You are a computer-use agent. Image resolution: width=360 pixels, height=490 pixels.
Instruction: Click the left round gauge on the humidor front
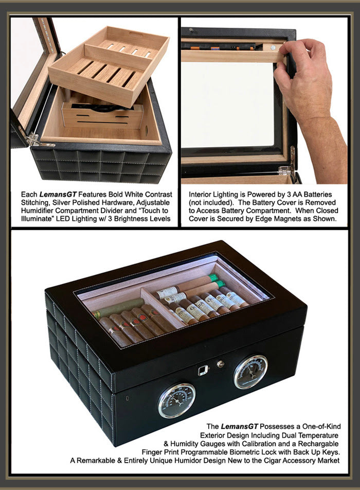[x=176, y=399]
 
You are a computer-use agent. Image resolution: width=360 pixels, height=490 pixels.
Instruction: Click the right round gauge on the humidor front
[x=250, y=371]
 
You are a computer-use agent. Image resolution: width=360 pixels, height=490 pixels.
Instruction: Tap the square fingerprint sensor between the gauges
[x=203, y=370]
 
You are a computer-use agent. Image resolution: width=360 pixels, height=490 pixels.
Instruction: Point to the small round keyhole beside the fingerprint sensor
[x=221, y=364]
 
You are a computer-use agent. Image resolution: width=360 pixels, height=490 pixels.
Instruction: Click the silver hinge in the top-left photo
[x=32, y=138]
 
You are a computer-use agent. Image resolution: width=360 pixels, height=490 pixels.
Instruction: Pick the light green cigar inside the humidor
[x=118, y=307]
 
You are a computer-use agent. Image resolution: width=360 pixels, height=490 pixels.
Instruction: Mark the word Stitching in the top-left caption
[x=37, y=203]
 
